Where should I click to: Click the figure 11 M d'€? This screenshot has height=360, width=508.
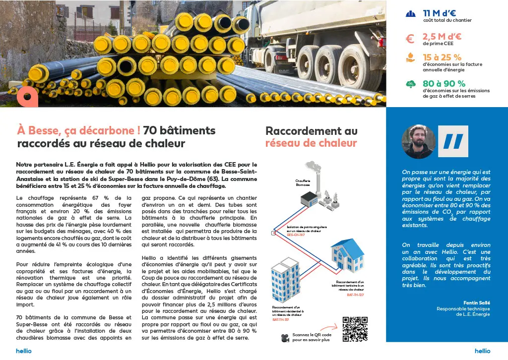pyautogui.click(x=439, y=13)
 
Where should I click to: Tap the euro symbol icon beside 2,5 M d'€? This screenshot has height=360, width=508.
pyautogui.click(x=410, y=39)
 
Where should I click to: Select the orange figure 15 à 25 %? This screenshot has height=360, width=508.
pyautogui.click(x=442, y=58)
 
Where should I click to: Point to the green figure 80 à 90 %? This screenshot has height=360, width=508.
pyautogui.click(x=444, y=83)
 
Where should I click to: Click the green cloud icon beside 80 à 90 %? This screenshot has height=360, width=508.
pyautogui.click(x=410, y=84)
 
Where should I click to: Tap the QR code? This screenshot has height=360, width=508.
pyautogui.click(x=355, y=329)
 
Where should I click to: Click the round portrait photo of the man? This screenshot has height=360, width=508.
pyautogui.click(x=418, y=141)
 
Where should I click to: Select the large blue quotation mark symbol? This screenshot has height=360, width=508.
pyautogui.click(x=452, y=141)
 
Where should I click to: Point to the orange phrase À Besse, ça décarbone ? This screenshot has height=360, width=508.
pyautogui.click(x=78, y=131)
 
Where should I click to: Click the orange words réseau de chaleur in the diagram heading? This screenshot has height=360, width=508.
pyautogui.click(x=311, y=143)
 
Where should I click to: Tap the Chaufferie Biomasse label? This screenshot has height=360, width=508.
pyautogui.click(x=303, y=183)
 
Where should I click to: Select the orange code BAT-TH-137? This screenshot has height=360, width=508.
pyautogui.click(x=281, y=320)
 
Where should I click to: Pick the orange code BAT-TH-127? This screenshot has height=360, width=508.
pyautogui.click(x=355, y=295)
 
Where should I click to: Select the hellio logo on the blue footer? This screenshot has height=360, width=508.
pyautogui.click(x=482, y=351)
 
